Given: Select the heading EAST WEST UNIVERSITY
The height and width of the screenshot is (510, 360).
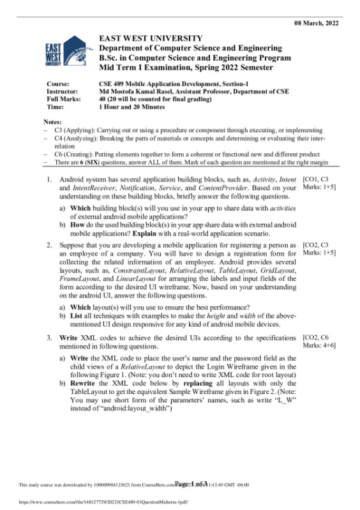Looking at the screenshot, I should point(151,39).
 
